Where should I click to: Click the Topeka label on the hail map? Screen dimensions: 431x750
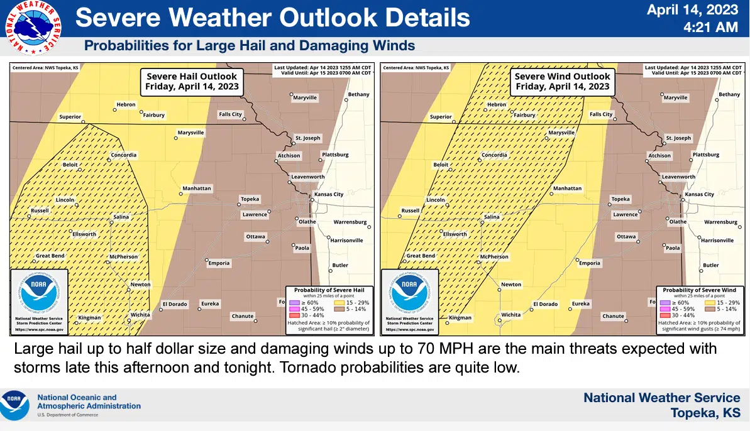coord(250,199)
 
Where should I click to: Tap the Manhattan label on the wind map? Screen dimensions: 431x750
coord(567,188)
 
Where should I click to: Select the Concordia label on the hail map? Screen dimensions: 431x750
coord(123,155)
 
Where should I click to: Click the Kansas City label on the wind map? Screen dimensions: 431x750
coord(699,195)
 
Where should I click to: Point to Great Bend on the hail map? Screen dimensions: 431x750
coord(51,256)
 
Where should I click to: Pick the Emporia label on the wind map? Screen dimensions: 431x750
coord(590,263)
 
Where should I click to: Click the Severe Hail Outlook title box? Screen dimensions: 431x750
coord(192,82)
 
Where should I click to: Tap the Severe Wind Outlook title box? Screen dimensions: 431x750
coord(562,82)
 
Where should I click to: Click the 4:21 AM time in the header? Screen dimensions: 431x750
coord(710,27)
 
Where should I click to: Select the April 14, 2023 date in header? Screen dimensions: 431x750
coord(692,10)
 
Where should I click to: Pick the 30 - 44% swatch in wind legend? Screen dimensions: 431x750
coord(664,315)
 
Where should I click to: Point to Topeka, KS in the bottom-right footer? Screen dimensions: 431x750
coord(705,413)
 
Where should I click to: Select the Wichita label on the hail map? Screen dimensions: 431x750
coord(140,315)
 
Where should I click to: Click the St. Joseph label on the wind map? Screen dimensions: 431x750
coord(678,138)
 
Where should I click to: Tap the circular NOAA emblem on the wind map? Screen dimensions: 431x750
coord(409,293)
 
